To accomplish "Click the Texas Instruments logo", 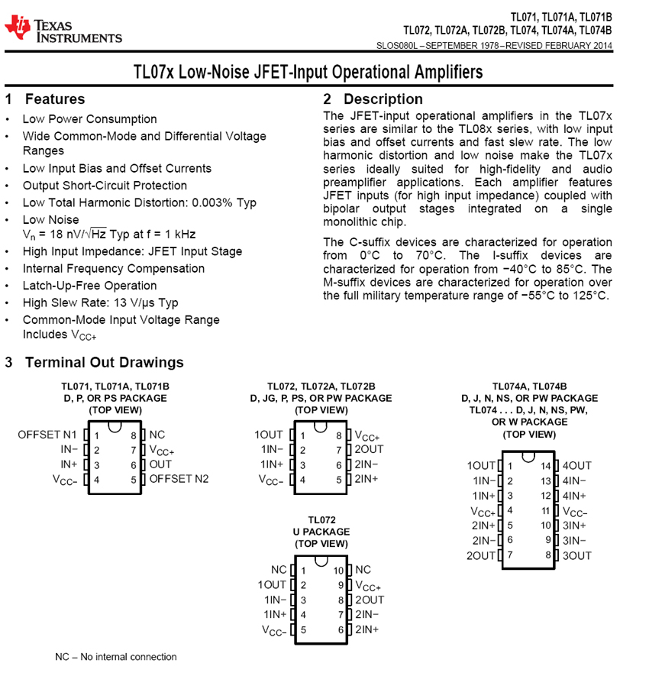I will click(63, 30).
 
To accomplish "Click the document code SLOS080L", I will click(397, 46).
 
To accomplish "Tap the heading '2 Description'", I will click(373, 99).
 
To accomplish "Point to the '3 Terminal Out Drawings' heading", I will click(95, 362).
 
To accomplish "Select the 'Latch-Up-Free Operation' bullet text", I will click(89, 286).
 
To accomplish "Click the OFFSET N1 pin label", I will click(47, 435).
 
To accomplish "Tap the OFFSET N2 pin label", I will click(179, 479).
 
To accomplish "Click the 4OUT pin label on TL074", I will click(577, 465).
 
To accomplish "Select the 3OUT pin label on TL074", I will click(577, 555).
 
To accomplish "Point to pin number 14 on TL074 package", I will click(545, 465).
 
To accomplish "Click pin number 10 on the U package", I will click(338, 570).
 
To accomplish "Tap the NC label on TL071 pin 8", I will click(157, 435).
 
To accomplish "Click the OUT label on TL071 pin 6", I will click(161, 464).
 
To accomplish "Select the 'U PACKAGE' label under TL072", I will click(321, 532).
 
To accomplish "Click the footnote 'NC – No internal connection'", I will click(116, 657).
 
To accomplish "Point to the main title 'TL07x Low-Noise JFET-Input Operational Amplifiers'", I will click(308, 73).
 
